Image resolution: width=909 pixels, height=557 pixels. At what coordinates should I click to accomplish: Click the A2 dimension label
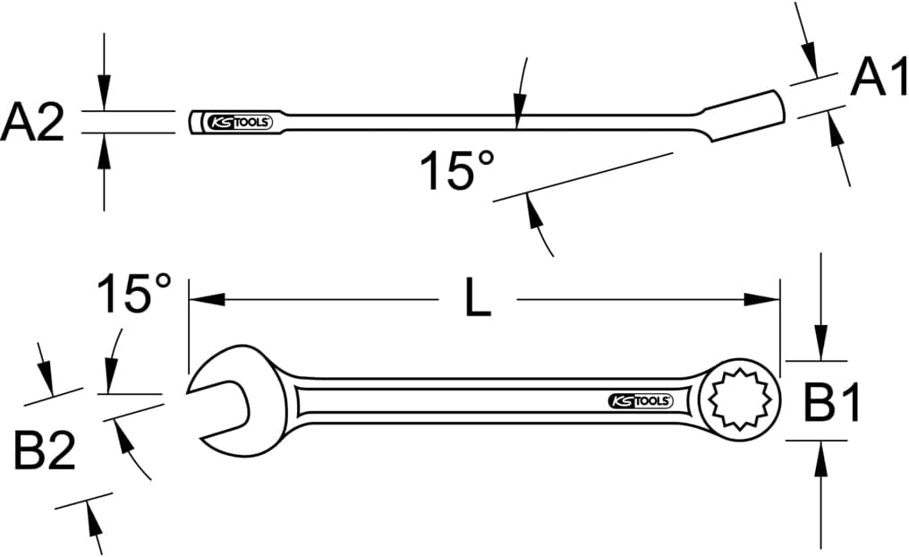point(32,123)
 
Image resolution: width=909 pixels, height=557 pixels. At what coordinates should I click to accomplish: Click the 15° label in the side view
point(456,170)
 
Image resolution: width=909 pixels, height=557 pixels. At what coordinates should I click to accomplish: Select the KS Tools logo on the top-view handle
point(640,401)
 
